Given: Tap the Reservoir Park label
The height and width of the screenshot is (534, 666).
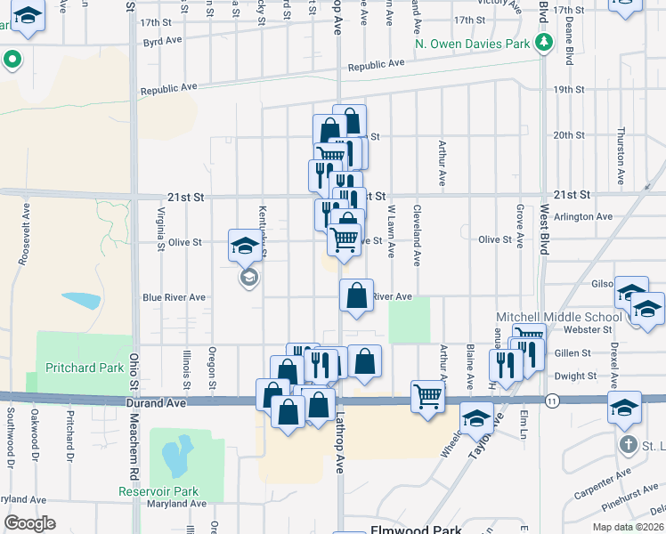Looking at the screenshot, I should [x=159, y=491].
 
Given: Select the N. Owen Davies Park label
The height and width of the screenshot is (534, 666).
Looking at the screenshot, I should [x=472, y=44].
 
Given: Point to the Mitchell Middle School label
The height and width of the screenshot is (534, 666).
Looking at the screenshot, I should [x=559, y=317].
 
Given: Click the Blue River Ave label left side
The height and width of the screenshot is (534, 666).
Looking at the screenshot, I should [x=174, y=297].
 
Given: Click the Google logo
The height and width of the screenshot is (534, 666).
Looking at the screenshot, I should [x=29, y=523].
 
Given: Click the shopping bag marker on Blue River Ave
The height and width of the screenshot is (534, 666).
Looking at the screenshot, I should [x=356, y=295].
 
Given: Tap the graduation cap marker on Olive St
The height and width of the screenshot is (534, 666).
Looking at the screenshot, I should [x=245, y=245].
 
